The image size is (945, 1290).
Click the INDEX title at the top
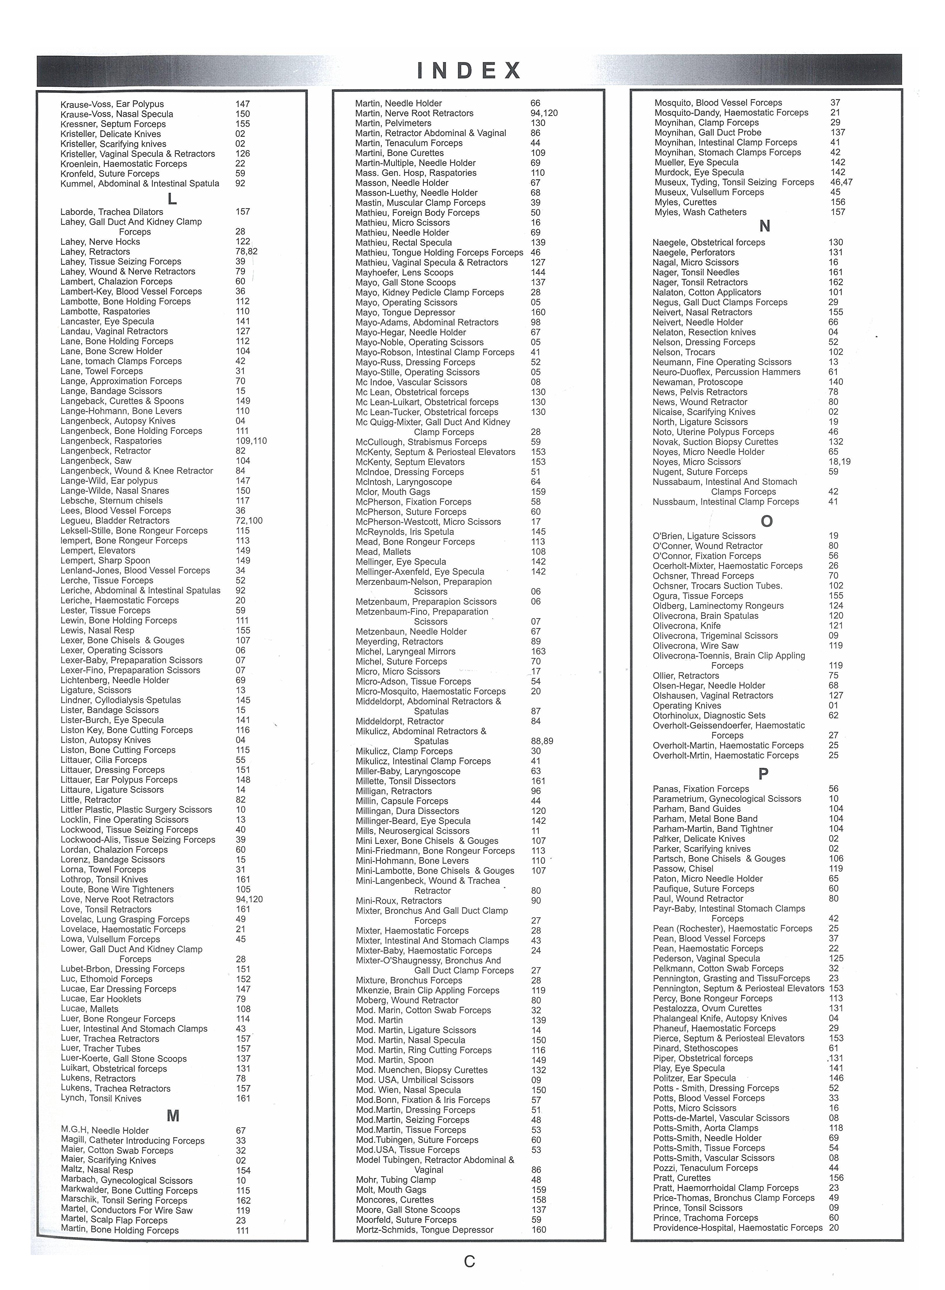tap(469, 70)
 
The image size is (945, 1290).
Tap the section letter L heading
tap(172, 198)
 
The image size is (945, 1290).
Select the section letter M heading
tap(172, 1115)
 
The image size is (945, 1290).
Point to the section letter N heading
tap(765, 227)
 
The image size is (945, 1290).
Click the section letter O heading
tap(766, 521)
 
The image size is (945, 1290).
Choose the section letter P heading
tap(763, 774)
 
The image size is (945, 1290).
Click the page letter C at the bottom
tap(469, 1261)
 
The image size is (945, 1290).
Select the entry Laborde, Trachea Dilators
tap(112, 212)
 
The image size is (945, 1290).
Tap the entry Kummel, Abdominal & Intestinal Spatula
tap(139, 184)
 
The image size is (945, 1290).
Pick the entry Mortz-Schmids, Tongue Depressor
tap(424, 1229)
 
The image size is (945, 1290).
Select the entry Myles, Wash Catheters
tap(699, 212)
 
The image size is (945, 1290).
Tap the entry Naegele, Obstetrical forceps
tap(708, 242)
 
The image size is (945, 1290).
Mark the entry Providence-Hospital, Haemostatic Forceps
tap(737, 1227)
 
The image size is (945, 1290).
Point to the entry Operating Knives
tap(689, 705)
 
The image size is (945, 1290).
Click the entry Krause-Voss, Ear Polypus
tap(112, 104)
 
